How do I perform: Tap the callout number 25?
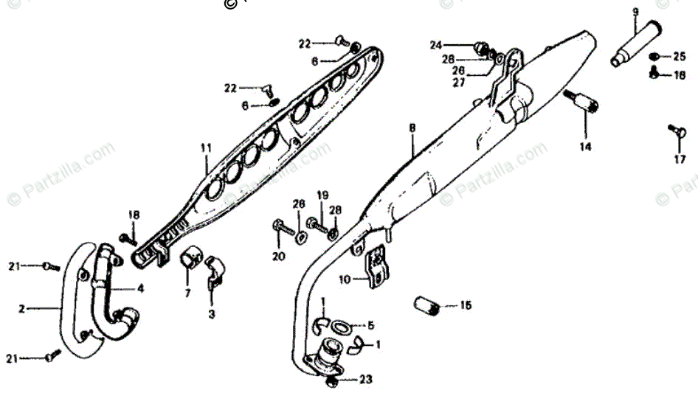coord(679,57)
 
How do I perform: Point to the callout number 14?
coord(585,146)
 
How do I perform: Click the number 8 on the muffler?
coord(412,128)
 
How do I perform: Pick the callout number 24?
coord(436,45)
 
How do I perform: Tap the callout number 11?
coord(205,147)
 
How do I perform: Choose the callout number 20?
coord(277,257)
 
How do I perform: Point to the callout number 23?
coord(367,380)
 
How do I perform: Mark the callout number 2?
coord(22,309)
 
